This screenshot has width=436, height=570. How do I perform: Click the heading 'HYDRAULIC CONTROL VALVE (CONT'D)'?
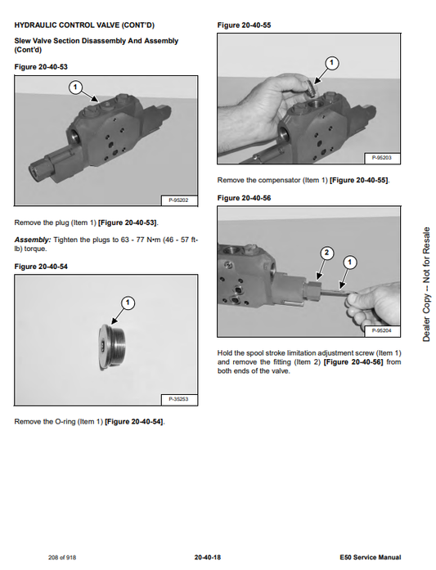[x=84, y=25]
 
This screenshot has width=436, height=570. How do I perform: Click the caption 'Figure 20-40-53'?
[x=41, y=67]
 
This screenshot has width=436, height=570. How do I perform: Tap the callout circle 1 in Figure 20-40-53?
[x=75, y=87]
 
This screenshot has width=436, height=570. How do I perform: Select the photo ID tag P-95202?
[x=178, y=200]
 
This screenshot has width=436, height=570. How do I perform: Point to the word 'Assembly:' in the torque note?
[x=33, y=240]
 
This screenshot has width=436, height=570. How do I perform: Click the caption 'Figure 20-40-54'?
[x=41, y=267]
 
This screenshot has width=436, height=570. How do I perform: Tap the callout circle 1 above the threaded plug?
[x=128, y=303]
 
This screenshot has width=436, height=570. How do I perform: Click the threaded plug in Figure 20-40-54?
[x=112, y=347]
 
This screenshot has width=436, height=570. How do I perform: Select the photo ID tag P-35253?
[x=178, y=399]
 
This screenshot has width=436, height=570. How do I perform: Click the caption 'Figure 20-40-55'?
[x=244, y=25]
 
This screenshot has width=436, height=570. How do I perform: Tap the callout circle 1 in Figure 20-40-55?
[x=331, y=63]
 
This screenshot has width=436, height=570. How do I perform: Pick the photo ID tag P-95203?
[x=382, y=158]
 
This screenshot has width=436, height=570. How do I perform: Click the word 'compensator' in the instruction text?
[x=279, y=180]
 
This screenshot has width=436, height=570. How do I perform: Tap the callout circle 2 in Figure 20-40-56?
[x=326, y=253]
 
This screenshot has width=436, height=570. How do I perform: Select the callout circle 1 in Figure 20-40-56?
[x=350, y=263]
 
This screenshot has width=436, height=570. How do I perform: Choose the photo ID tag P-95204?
[x=382, y=331]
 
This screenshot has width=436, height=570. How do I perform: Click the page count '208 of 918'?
[x=62, y=557]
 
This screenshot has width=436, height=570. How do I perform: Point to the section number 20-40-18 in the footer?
[x=208, y=557]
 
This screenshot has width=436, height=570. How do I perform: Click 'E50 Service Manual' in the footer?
[x=371, y=557]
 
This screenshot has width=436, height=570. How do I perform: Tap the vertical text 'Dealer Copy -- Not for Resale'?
[x=426, y=285]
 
